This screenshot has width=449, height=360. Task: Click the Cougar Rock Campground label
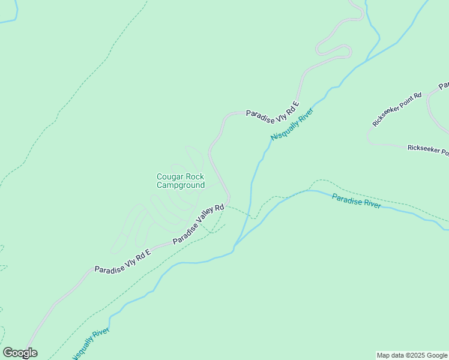click(x=181, y=181)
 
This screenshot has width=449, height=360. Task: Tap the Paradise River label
click(x=356, y=200)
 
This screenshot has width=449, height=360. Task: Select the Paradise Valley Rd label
click(x=198, y=224)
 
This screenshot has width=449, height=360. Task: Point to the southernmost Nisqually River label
click(x=90, y=344)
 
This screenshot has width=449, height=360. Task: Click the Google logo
click(x=20, y=353)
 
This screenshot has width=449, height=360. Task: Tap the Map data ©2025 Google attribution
click(x=412, y=355)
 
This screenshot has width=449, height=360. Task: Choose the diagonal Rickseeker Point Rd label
click(x=397, y=109)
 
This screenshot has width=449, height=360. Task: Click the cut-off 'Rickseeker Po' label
click(x=427, y=149)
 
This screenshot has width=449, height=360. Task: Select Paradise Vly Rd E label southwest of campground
click(x=122, y=261)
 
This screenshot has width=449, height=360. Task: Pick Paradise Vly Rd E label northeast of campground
click(x=273, y=106)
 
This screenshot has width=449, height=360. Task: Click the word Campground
click(x=181, y=185)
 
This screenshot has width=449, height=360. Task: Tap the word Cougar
click(x=170, y=177)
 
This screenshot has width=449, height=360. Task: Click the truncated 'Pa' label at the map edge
click(x=444, y=86)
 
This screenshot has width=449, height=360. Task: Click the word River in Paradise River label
click(x=370, y=203)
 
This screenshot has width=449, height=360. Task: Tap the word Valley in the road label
click(x=202, y=222)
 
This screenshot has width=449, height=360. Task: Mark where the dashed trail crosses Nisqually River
click(x=251, y=217)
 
